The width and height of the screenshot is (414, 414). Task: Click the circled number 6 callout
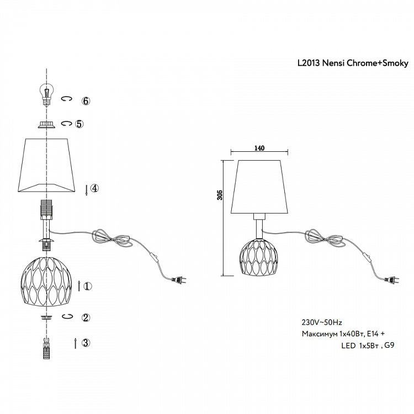coord(86,100)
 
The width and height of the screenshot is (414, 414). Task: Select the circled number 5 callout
coord(79,124)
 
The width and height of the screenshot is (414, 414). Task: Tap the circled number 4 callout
coord(94,188)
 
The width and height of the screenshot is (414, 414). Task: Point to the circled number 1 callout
coord(88,286)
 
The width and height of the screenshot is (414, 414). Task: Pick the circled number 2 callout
coord(86,317)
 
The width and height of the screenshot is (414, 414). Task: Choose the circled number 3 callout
coord(86,342)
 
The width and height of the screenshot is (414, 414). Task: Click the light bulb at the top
coord(47,94)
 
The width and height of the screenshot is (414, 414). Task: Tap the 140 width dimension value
coord(259,148)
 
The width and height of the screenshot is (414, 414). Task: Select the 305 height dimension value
coord(220,195)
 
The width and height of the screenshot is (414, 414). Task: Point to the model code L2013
coord(309,63)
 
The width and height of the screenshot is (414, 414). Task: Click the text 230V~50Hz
coord(322,322)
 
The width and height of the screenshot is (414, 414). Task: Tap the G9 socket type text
coord(389,345)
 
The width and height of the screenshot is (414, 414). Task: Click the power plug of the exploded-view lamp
coord(179,280)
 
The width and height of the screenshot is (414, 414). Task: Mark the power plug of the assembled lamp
coord(392,280)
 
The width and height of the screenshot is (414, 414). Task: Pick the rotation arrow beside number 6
coord(67,99)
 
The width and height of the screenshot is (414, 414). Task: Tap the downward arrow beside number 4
coord(86,190)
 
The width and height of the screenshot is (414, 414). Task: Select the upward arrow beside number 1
coord(79,286)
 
